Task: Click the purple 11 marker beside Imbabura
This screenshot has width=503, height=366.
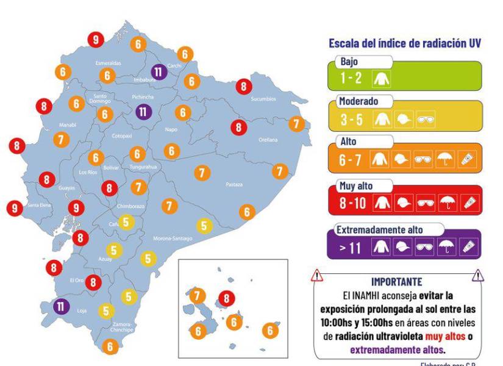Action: (x=159, y=71)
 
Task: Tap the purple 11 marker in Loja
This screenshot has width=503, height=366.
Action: (x=62, y=306)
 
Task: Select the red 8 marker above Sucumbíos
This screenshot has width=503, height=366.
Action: (x=244, y=87)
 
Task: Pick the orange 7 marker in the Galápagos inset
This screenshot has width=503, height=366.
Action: (x=196, y=296)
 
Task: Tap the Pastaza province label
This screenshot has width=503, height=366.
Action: (x=234, y=184)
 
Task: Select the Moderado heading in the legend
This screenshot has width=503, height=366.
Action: (x=359, y=101)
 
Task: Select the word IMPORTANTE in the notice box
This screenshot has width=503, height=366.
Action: (x=396, y=282)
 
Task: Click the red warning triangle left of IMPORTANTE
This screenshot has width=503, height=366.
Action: (x=317, y=276)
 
